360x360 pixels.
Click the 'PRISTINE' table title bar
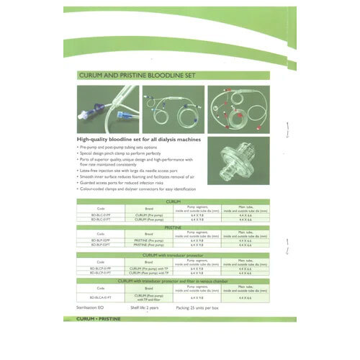173,227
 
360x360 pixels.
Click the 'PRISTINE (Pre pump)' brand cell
147,240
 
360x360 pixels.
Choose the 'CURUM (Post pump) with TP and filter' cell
147,296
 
